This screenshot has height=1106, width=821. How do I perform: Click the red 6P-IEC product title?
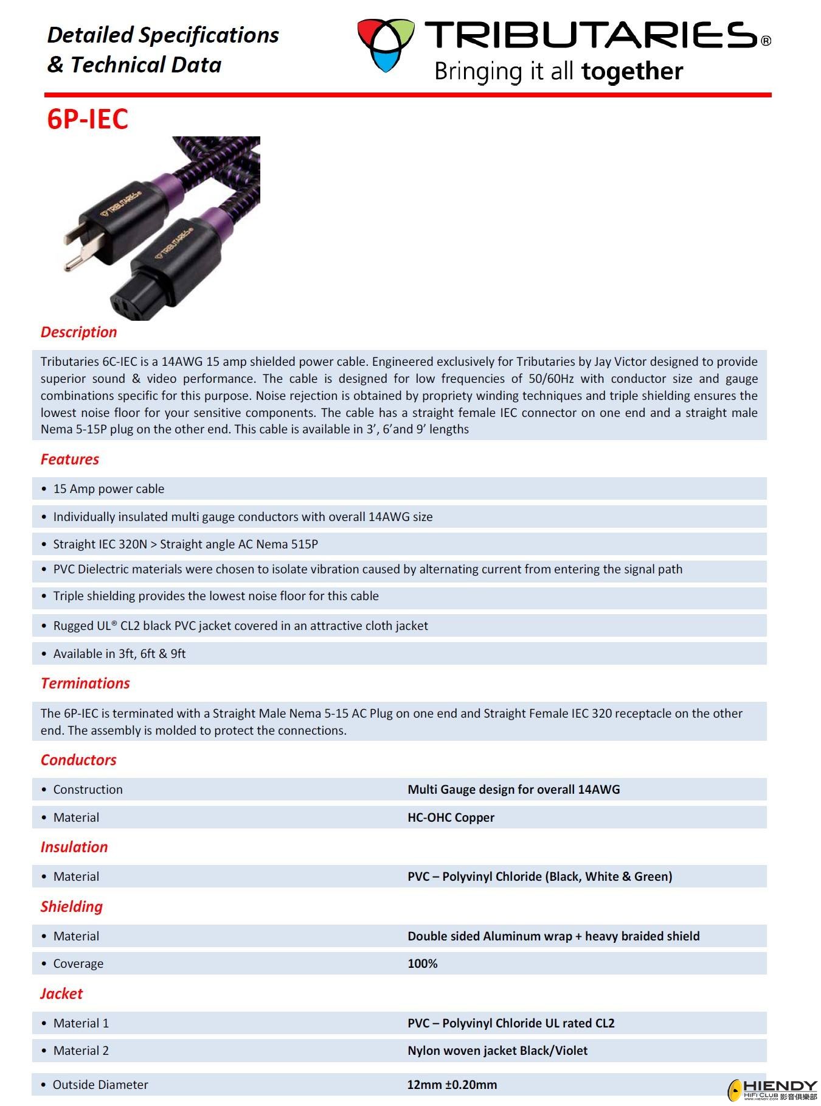coord(88,119)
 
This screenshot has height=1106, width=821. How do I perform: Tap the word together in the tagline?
coord(632,71)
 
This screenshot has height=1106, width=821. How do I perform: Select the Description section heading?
coord(78,332)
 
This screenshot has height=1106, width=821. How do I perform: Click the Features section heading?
coord(69,459)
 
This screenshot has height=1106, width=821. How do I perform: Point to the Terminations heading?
coord(85,683)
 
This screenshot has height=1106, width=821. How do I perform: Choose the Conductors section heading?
coord(78,760)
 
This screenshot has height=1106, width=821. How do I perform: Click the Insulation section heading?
coord(74,847)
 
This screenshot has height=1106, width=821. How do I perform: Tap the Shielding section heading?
coord(72,906)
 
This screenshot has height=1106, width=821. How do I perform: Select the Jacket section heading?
coord(61,993)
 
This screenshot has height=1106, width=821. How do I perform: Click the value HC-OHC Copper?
coord(451,817)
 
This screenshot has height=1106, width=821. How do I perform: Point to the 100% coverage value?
coord(422,964)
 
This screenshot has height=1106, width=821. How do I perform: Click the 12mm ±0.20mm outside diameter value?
coord(452,1085)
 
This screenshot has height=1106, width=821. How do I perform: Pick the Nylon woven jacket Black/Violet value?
coord(497,1051)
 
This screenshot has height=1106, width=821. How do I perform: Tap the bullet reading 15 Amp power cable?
coord(108,489)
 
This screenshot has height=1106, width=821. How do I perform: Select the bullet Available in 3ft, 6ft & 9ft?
coord(119,654)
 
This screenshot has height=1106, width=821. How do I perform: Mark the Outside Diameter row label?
coord(100,1085)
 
